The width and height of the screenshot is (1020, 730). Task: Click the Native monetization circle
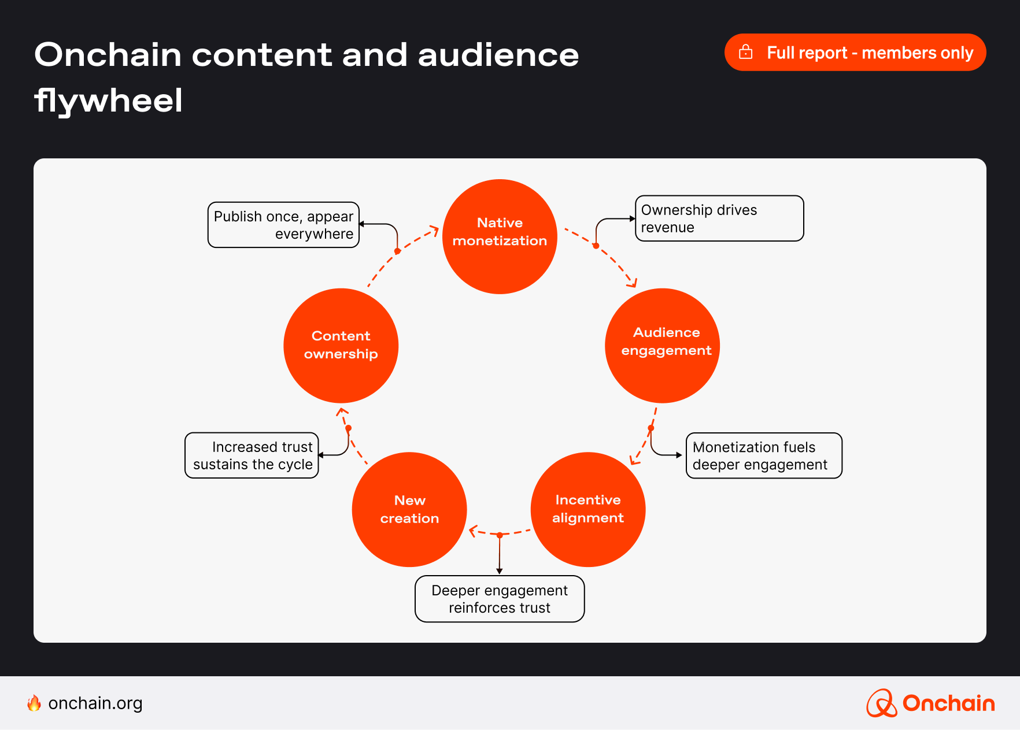pyautogui.click(x=500, y=236)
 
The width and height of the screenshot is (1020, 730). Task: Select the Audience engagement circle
pyautogui.click(x=662, y=346)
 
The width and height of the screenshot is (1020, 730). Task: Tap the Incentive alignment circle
pyautogui.click(x=588, y=509)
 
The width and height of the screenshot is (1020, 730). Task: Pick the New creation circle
pyautogui.click(x=409, y=509)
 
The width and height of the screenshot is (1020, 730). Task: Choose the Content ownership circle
pyautogui.click(x=341, y=346)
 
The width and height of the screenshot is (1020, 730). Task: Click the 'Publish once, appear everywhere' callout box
pyautogui.click(x=283, y=225)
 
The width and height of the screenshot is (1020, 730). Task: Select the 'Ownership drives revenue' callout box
pyautogui.click(x=719, y=218)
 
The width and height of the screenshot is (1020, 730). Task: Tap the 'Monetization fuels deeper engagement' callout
pyautogui.click(x=764, y=455)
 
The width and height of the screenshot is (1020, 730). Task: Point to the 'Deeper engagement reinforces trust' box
pyautogui.click(x=500, y=599)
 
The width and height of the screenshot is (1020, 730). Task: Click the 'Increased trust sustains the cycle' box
pyautogui.click(x=252, y=455)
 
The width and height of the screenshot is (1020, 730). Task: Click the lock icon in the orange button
pyautogui.click(x=746, y=52)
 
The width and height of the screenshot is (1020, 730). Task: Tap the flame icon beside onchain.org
pyautogui.click(x=34, y=703)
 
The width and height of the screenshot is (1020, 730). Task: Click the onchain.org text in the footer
pyautogui.click(x=95, y=703)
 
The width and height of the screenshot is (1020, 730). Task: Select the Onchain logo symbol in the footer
pyautogui.click(x=881, y=703)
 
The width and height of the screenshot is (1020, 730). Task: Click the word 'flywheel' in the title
pyautogui.click(x=109, y=100)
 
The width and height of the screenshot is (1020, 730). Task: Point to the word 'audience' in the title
pyautogui.click(x=498, y=55)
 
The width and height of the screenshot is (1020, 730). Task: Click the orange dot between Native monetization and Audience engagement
pyautogui.click(x=596, y=246)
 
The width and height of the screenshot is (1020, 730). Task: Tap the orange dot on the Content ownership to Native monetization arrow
pyautogui.click(x=397, y=251)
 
